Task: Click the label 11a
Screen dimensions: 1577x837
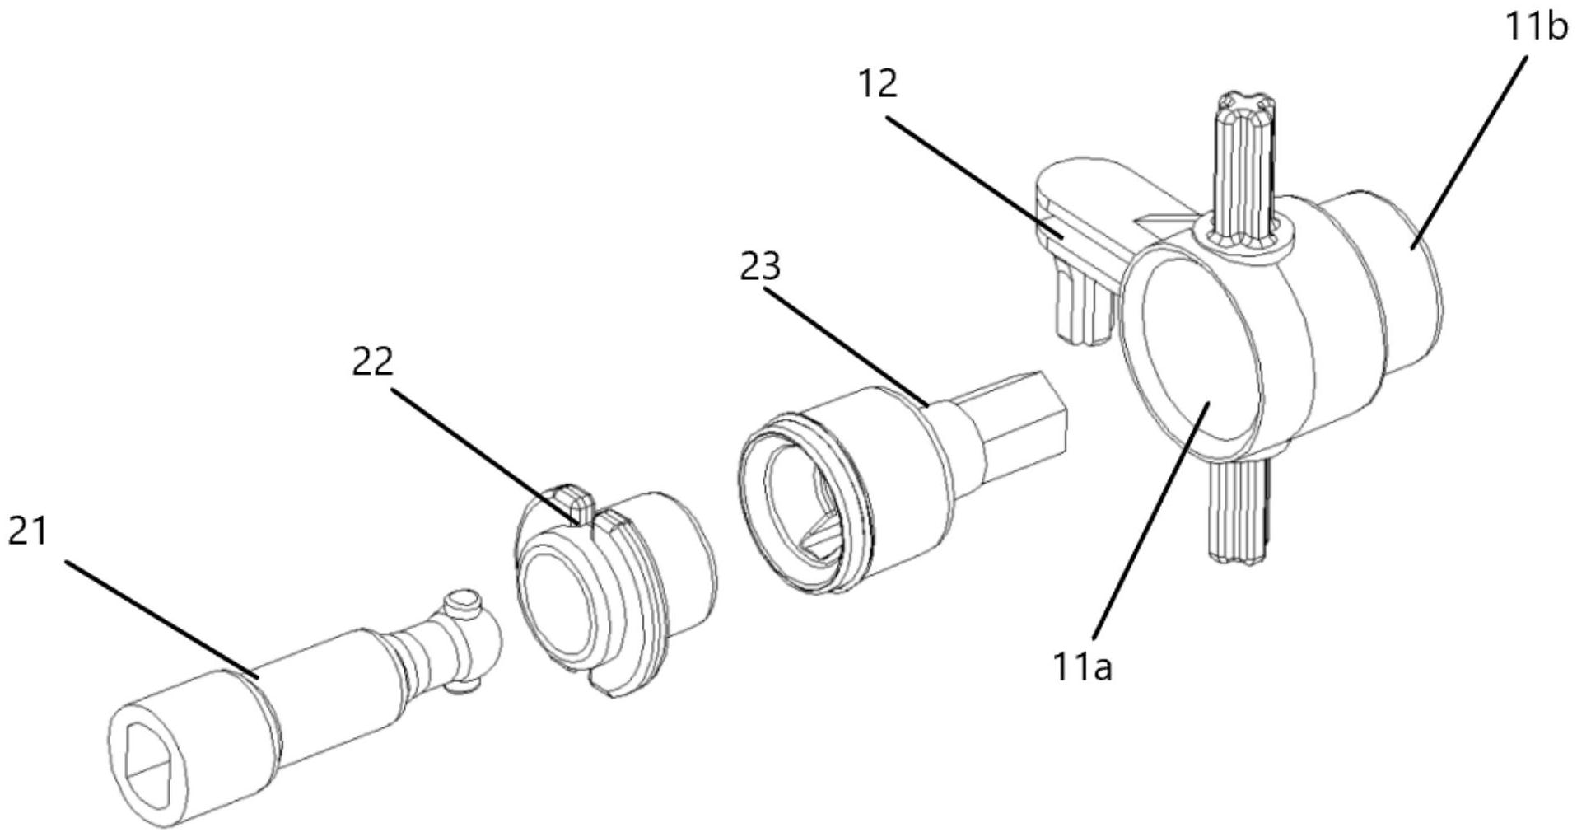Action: tap(1082, 666)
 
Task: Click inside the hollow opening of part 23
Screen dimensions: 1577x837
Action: tap(803, 511)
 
